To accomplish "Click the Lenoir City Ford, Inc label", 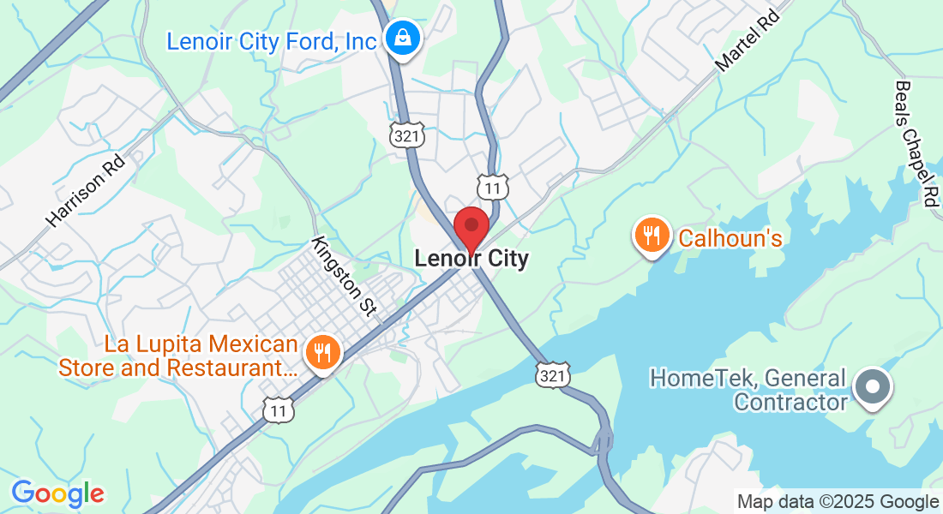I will click(272, 40).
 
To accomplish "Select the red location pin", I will click(471, 228).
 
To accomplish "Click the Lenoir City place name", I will click(471, 258).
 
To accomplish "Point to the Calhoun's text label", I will click(730, 237).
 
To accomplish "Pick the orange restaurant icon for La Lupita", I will click(322, 351).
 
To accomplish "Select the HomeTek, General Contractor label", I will click(748, 389).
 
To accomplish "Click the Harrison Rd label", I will click(86, 190).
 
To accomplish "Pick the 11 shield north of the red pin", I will click(494, 186).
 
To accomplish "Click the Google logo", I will click(57, 493).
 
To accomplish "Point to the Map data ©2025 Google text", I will click(838, 502).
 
